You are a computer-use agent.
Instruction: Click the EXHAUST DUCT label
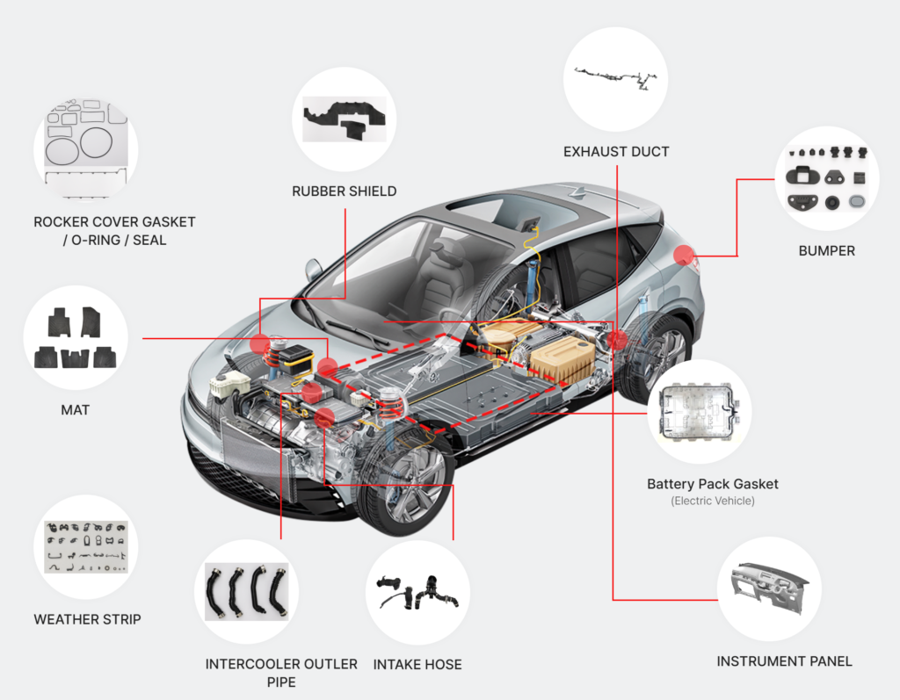click(616, 151)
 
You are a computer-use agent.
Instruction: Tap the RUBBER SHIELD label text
click(344, 191)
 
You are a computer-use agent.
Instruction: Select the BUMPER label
click(826, 250)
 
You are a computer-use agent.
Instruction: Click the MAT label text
click(76, 409)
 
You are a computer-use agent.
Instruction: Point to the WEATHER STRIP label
click(87, 619)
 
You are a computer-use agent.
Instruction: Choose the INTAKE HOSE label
click(417, 664)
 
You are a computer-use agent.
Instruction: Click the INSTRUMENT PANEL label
click(784, 661)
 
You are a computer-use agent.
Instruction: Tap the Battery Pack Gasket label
click(712, 484)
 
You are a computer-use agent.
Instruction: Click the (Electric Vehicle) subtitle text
click(712, 501)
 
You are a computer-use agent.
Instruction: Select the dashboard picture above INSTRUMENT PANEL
click(769, 588)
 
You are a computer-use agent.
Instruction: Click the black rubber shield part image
click(345, 119)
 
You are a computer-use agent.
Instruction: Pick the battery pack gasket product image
click(699, 412)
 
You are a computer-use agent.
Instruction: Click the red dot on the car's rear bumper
click(684, 255)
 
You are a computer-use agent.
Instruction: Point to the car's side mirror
click(314, 270)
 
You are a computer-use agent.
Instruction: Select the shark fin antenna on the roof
click(577, 192)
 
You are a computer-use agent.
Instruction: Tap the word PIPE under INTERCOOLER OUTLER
click(281, 682)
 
